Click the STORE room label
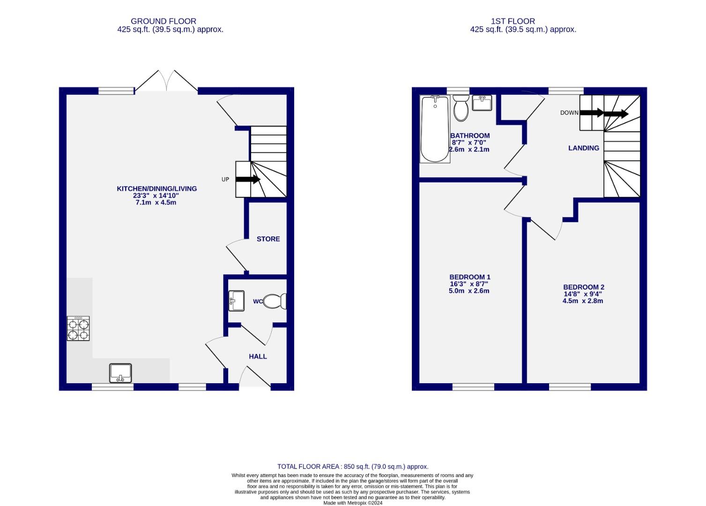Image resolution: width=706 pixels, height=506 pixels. pos(268,239)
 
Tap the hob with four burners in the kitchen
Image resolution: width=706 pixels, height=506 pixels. pos(78,328)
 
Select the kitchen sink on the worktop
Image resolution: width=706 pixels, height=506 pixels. pos(120,373)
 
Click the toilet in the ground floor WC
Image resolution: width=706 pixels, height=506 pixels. pos(275,301)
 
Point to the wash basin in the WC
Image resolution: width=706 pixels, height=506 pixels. pos(236,301)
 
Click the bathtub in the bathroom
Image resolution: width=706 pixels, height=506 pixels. pos(435,129)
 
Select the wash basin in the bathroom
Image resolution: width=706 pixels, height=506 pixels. pos(482,103)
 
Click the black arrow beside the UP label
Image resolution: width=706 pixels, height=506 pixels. pos(248,179)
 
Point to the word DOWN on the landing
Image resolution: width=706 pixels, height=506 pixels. pos(569,113)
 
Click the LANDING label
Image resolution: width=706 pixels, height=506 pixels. pos(583,148)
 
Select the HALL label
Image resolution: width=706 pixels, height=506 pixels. pos(258,357)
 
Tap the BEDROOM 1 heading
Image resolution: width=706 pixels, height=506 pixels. pos(469,277)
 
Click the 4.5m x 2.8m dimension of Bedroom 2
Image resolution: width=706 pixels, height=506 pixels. pos(583,301)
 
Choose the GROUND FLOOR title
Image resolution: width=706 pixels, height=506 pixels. pos(163,21)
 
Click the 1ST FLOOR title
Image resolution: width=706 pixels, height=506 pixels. pos(513,21)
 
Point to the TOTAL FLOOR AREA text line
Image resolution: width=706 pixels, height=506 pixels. pos(353,467)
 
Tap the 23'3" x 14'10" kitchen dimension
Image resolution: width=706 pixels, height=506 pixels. pos(156,196)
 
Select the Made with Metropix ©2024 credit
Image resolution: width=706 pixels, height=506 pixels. pos(353,503)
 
